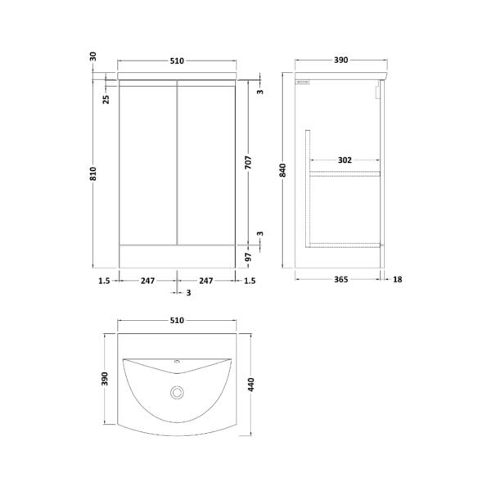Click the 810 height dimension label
tap(93, 174)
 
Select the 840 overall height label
tap(282, 170)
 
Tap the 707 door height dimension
tap(248, 163)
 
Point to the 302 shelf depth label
tap(345, 160)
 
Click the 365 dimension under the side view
tap(340, 279)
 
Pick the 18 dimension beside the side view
tap(397, 279)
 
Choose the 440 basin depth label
tap(251, 385)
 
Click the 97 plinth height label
tap(248, 258)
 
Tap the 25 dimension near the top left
tap(106, 99)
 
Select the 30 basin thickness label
tap(93, 56)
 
